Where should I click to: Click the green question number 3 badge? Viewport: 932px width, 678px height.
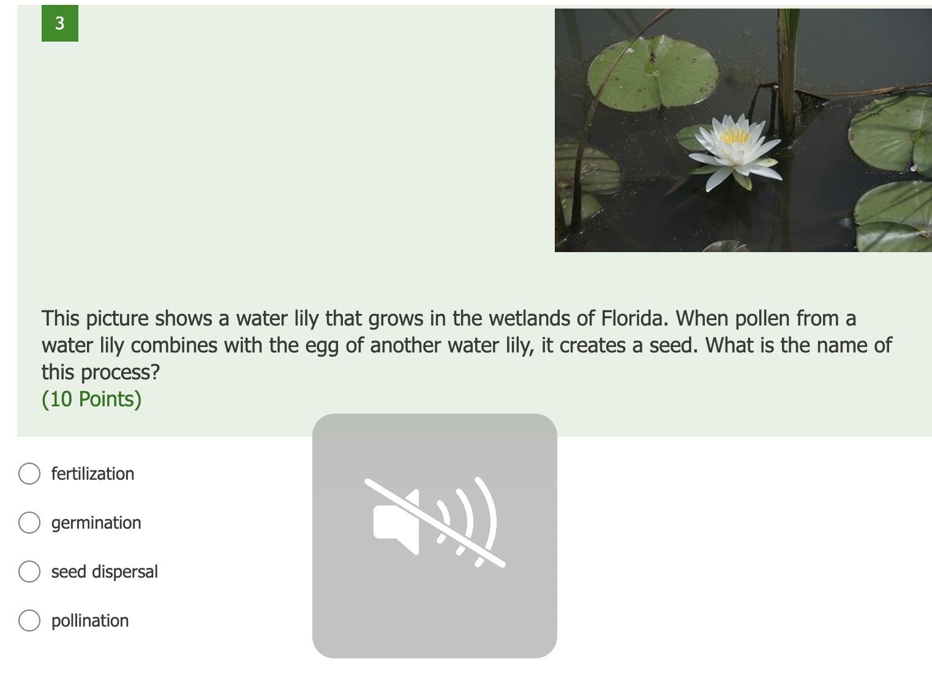pyautogui.click(x=60, y=23)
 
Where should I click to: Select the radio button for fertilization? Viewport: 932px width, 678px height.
pyautogui.click(x=29, y=474)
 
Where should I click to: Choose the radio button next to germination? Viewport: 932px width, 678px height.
pyautogui.click(x=29, y=523)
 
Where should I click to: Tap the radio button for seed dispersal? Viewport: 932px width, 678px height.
pyautogui.click(x=29, y=572)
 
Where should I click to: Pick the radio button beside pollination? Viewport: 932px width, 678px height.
pyautogui.click(x=29, y=620)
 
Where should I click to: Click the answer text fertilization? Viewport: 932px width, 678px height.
pyautogui.click(x=93, y=474)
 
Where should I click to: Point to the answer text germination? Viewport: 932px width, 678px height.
pyautogui.click(x=96, y=523)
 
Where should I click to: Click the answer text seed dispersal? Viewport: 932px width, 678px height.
pyautogui.click(x=105, y=572)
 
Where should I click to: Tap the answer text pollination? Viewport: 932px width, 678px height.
pyautogui.click(x=90, y=621)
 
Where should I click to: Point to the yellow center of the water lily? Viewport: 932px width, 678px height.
pyautogui.click(x=735, y=136)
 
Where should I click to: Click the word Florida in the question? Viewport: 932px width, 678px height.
pyautogui.click(x=634, y=319)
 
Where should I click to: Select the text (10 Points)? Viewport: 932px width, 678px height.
pyautogui.click(x=91, y=400)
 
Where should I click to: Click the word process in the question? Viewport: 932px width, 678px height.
pyautogui.click(x=120, y=373)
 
